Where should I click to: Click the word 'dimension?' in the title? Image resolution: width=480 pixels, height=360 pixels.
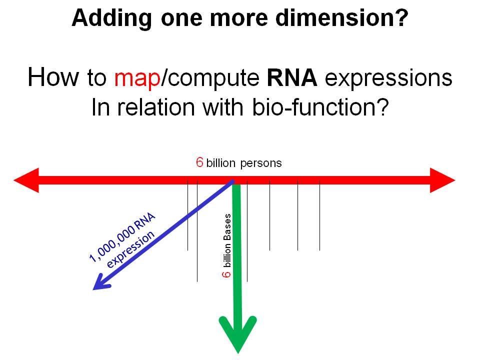pyautogui.click(x=342, y=18)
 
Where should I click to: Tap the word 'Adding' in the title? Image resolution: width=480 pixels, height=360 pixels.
pyautogui.click(x=111, y=18)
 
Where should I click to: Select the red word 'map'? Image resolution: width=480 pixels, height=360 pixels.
pyautogui.click(x=137, y=78)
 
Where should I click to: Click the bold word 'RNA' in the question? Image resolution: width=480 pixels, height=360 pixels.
pyautogui.click(x=292, y=78)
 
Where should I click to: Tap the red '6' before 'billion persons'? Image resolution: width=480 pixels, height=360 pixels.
pyautogui.click(x=199, y=162)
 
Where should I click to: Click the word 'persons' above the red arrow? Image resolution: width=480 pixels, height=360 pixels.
pyautogui.click(x=261, y=163)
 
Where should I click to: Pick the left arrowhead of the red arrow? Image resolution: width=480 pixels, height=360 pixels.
pyautogui.click(x=26, y=180)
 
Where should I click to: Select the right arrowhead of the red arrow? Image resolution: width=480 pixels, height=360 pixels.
pyautogui.click(x=442, y=180)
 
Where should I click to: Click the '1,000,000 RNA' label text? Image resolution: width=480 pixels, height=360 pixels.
pyautogui.click(x=122, y=237)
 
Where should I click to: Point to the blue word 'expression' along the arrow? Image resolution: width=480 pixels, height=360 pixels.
pyautogui.click(x=130, y=249)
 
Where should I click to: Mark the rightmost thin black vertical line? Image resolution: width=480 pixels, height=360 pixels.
pyautogui.click(x=319, y=215)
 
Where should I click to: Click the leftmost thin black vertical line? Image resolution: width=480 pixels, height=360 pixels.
pyautogui.click(x=187, y=215)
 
